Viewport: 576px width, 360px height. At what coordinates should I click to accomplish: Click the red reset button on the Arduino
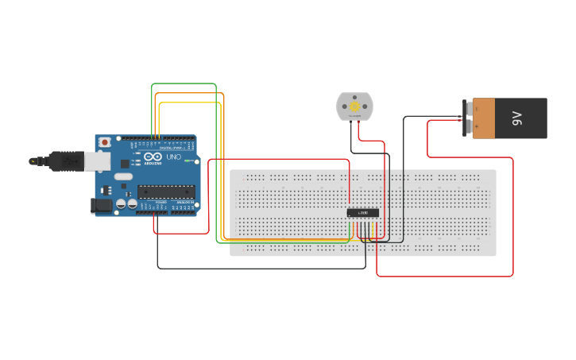[104, 142]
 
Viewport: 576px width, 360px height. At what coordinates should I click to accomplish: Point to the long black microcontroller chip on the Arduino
[166, 191]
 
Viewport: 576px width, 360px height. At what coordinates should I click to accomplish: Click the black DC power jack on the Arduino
[102, 205]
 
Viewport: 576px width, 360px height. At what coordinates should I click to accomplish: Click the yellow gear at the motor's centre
[354, 106]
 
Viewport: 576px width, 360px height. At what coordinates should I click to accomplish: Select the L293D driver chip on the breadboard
[362, 212]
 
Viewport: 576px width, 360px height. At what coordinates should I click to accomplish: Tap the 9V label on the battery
[517, 118]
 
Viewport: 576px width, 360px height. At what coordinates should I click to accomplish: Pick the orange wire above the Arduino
[191, 94]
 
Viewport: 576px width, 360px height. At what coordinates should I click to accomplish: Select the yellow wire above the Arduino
[191, 103]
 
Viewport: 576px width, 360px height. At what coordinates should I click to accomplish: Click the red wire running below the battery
[445, 276]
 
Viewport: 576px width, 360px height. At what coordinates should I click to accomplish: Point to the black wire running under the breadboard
[262, 268]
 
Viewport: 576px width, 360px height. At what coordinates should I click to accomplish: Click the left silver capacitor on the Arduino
[121, 204]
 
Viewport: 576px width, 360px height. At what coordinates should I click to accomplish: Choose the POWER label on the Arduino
[160, 203]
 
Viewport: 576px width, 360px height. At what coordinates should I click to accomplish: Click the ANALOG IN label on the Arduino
[184, 203]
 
